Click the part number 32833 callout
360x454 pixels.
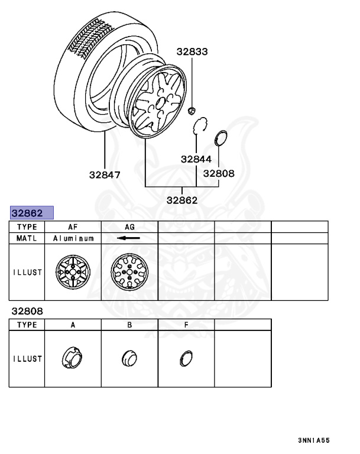192,51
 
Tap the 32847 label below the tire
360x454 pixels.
105,175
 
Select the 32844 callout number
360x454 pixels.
196,159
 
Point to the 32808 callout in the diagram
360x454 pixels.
219,173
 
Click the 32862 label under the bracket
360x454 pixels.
182,200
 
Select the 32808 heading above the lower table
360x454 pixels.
27,312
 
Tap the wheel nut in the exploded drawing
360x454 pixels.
192,111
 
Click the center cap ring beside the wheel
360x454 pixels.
220,138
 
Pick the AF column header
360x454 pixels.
73,227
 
